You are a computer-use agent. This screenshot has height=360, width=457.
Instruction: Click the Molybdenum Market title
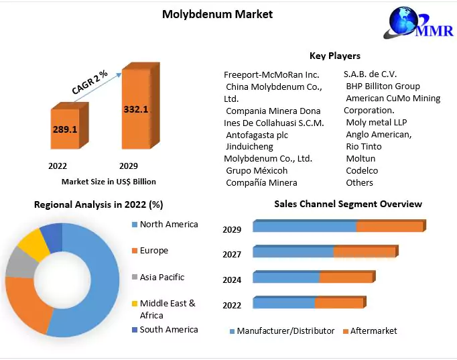(x=217, y=14)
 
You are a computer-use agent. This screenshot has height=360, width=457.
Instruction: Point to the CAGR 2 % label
(x=90, y=81)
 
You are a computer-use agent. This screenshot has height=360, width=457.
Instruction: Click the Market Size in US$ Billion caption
(x=108, y=181)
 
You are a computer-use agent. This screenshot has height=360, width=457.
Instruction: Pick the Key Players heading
(x=334, y=56)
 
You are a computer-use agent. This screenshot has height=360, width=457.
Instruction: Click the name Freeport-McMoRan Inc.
(x=271, y=74)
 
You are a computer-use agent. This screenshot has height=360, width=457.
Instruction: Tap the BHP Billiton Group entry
(x=383, y=86)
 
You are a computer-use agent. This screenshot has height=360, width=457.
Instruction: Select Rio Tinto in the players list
(x=364, y=146)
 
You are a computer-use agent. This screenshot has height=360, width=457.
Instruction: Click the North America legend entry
(x=168, y=225)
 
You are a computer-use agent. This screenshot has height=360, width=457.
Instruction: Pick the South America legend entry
(x=168, y=329)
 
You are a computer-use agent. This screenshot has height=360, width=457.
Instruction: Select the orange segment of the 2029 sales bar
(x=389, y=227)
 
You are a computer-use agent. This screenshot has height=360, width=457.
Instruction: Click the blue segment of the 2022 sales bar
(x=283, y=304)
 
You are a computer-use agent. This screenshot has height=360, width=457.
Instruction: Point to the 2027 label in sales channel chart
(x=232, y=255)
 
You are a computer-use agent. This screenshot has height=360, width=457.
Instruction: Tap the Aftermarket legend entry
(x=373, y=331)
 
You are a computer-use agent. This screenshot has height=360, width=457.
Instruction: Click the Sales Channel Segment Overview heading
(x=348, y=204)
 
